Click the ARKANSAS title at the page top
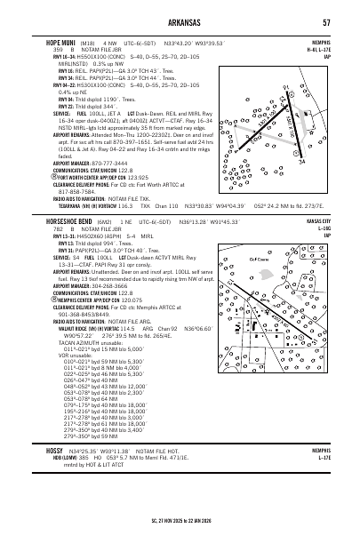[x=178, y=21]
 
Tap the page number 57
[x=328, y=21]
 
